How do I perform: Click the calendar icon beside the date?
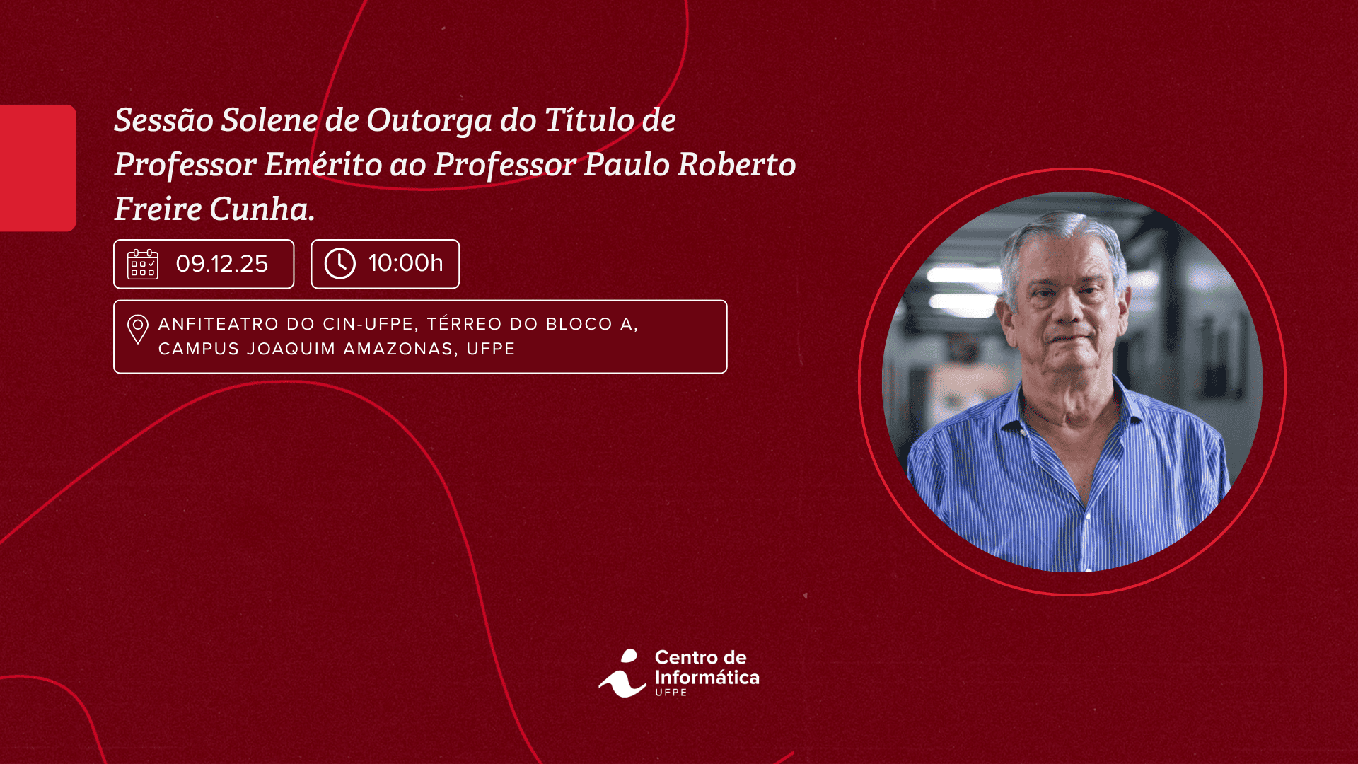tap(142, 264)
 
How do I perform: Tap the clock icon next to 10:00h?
tap(340, 264)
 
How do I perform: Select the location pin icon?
tap(138, 330)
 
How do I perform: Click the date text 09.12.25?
tap(222, 264)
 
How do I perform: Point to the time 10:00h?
tap(406, 263)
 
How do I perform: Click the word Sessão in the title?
tap(163, 120)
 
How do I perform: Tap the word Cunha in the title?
tap(262, 209)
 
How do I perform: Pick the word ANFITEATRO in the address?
tap(219, 324)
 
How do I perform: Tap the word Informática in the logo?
tap(707, 678)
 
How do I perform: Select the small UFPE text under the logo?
tap(671, 693)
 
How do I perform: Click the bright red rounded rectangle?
tap(38, 168)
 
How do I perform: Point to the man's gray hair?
tap(1061, 241)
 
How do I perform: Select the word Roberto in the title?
tap(737, 164)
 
